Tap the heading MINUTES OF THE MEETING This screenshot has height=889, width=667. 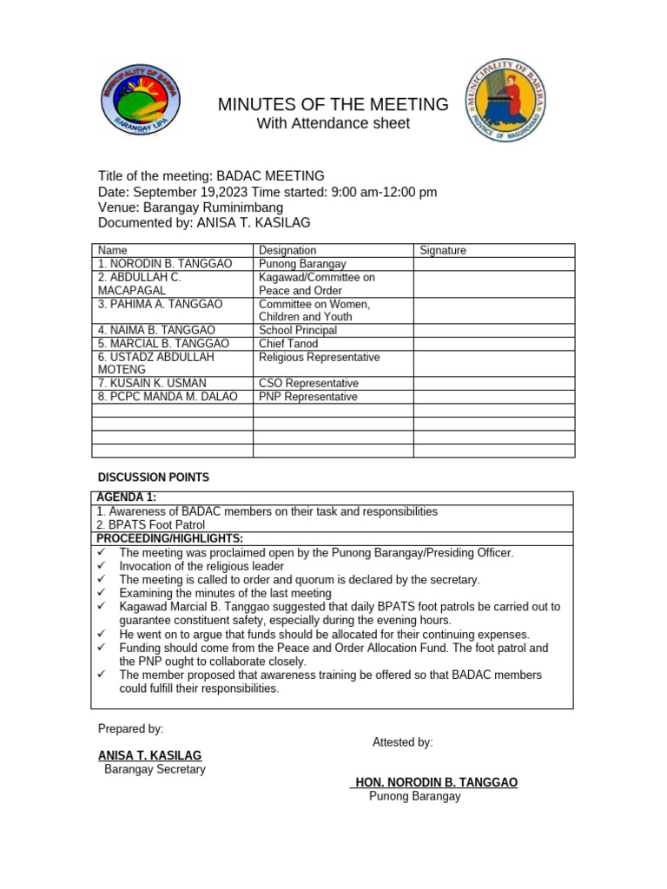[333, 105]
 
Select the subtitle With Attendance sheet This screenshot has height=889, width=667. [333, 124]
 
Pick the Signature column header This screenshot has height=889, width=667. [443, 250]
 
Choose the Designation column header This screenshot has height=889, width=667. [287, 250]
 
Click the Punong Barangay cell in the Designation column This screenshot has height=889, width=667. [302, 264]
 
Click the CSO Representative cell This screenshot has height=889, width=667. [308, 383]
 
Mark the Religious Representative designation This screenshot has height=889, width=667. [320, 357]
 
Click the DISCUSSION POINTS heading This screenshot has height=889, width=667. [154, 477]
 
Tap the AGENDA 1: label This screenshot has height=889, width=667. [127, 497]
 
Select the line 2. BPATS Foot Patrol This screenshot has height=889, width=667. [150, 524]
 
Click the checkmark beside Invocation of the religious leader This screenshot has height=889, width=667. [102, 566]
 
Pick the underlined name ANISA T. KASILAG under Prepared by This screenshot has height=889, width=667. [149, 755]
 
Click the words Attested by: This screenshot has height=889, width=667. [402, 742]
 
